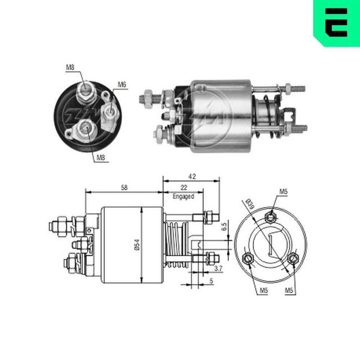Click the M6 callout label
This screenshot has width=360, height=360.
pos(122,85)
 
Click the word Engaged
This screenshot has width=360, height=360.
pos(183,197)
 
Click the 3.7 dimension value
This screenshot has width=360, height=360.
pos(218,268)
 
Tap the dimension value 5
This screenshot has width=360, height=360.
pos(211,280)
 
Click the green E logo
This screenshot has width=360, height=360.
pos(336,22)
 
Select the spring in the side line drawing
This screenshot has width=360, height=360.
pos(176,245)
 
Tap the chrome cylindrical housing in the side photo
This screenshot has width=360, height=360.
pos(220,115)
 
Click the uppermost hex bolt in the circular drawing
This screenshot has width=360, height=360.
pos(270,217)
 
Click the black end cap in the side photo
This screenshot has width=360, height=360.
pos(182,115)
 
